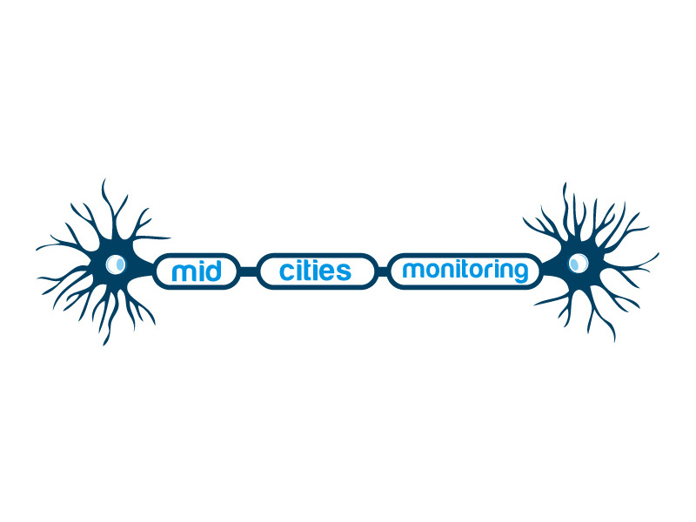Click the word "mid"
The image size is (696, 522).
pos(197,271)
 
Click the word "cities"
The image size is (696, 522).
pos(315,271)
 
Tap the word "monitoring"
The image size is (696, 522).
pos(465,271)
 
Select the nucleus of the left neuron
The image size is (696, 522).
pos(116,264)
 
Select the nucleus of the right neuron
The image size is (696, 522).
pos(579,264)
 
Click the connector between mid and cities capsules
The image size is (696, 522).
pos(249,271)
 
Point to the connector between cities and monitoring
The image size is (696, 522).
pos(383,271)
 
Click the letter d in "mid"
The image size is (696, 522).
pos(213,271)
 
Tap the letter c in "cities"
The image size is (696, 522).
pos(286,272)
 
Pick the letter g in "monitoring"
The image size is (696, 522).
pos(521,273)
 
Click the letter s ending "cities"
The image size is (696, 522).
pos(344,272)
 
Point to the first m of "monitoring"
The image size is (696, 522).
pos(412,271)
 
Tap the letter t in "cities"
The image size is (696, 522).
pos(304,271)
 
